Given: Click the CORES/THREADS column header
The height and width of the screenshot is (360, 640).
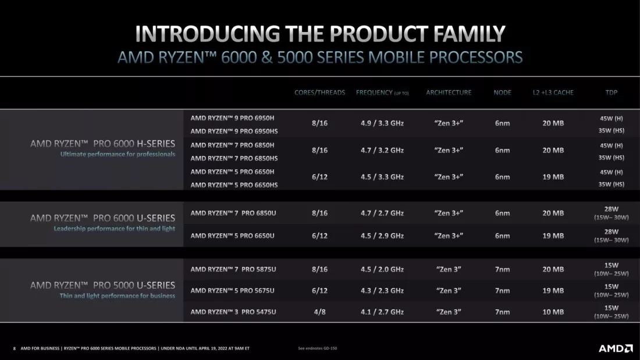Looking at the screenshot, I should (x=319, y=92).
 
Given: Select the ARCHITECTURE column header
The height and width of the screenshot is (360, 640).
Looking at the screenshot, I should (x=449, y=92).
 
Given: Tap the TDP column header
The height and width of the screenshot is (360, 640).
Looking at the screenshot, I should (x=611, y=92).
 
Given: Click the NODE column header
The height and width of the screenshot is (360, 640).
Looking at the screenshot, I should (x=502, y=92).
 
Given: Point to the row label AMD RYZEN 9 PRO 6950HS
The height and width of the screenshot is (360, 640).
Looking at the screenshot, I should (x=234, y=131).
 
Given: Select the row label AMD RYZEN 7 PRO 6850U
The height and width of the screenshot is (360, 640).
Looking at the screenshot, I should (x=233, y=213).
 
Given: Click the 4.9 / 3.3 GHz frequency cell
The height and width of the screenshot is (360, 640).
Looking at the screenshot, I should (x=382, y=123).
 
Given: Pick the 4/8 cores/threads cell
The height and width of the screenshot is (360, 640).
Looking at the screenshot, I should (x=319, y=312).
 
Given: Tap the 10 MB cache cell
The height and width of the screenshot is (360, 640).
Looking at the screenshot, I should (x=553, y=312).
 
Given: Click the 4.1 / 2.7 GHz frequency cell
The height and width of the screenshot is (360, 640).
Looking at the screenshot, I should (x=382, y=312).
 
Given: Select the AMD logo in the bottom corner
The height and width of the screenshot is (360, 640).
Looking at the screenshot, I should (x=616, y=348).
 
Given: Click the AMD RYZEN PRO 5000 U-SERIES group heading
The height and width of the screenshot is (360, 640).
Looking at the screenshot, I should (x=102, y=285).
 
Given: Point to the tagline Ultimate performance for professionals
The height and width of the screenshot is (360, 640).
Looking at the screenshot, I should (x=118, y=155).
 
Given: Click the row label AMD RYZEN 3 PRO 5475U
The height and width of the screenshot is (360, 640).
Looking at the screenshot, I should (x=233, y=312).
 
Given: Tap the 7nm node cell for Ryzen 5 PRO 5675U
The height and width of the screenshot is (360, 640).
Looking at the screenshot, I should (x=502, y=291).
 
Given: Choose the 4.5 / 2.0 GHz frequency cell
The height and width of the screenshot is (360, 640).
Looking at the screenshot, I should (x=382, y=269).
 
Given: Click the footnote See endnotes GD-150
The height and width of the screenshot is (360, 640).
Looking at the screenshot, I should (x=317, y=348).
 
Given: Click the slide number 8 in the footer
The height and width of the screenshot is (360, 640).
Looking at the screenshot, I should (x=15, y=348).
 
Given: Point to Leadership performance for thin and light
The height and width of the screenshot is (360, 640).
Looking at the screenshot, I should (x=114, y=229).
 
